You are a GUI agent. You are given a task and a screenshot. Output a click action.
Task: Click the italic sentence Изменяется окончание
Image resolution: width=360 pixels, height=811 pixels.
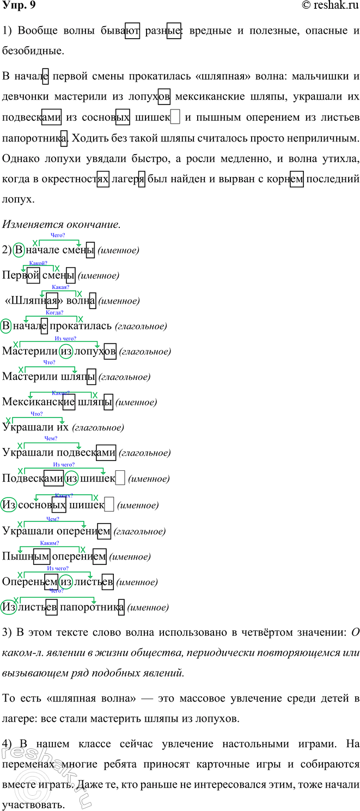[61, 224]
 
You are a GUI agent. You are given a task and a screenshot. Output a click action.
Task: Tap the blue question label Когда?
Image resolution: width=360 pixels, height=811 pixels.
[54, 312]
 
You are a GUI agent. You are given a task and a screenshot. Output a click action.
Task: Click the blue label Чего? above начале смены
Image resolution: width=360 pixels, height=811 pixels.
[57, 235]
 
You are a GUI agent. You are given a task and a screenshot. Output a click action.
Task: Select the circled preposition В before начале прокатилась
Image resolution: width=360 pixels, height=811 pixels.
[6, 327]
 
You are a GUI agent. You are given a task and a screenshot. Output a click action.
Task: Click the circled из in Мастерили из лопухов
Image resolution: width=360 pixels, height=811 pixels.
[66, 352]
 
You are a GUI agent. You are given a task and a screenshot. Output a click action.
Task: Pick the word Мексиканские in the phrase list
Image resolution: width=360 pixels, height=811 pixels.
[39, 402]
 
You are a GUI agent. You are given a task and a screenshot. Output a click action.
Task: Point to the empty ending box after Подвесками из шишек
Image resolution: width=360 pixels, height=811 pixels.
[121, 478]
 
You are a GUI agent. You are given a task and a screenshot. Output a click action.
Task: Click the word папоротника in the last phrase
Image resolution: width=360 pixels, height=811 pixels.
[92, 607]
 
